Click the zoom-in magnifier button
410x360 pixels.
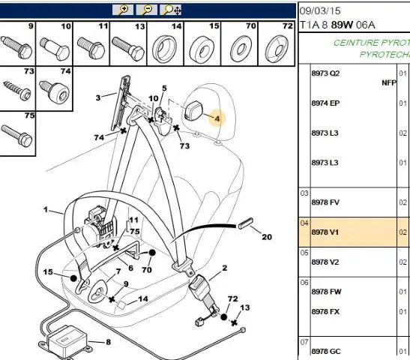pos(123,10)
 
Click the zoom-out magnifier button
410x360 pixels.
pos(147,10)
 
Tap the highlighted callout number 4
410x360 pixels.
pos(217,118)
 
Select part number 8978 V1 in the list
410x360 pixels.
pos(325,232)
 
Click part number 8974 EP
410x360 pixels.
pos(325,103)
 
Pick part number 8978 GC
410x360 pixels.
pos(326,351)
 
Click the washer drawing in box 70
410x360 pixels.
pos(241,49)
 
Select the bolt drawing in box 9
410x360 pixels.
pos(16,47)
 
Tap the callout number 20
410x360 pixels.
pos(267,237)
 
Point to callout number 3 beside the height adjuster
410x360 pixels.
pos(98,97)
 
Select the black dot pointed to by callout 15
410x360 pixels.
pos(73,278)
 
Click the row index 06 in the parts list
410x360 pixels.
pos(304,283)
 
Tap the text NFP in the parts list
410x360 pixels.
pos(389,83)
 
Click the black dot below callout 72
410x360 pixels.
pos(224,317)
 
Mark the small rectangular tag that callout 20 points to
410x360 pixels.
pos(246,223)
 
